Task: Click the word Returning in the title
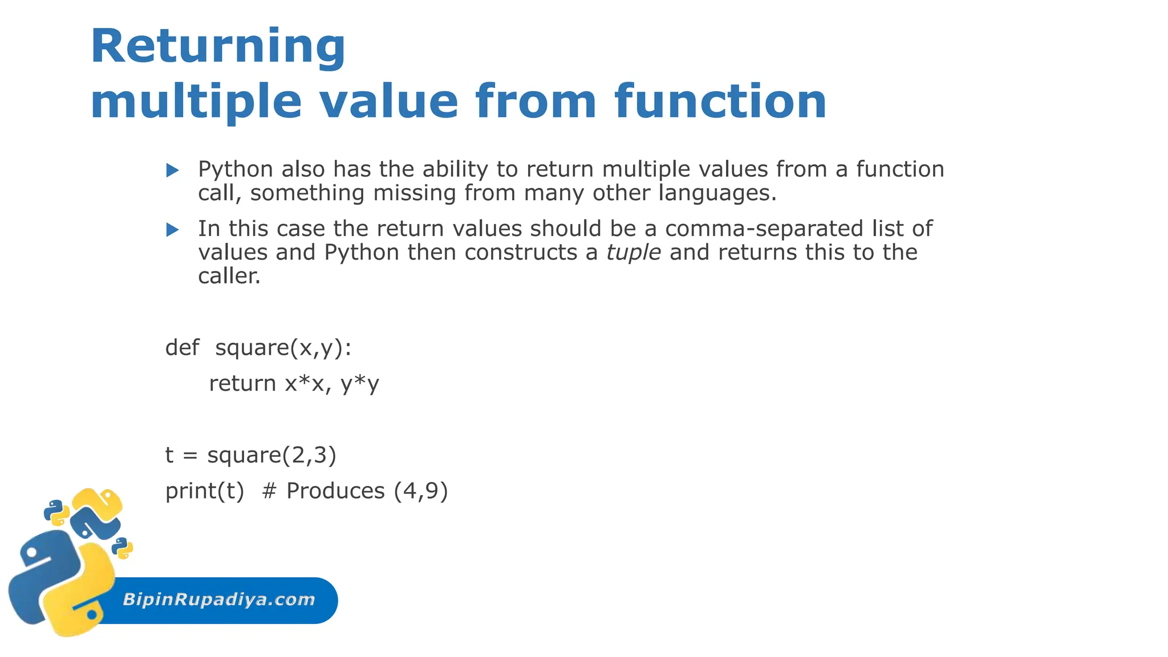pos(218,47)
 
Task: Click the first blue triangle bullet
pos(172,170)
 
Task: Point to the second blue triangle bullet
pos(172,230)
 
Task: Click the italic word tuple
pos(633,252)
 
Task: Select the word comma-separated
pos(764,229)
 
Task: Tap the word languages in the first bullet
pos(717,193)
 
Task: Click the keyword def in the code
pos(182,347)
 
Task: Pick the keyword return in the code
pos(242,383)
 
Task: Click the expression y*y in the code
pos(360,383)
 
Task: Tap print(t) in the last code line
pos(205,490)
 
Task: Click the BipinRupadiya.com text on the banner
pos(219,599)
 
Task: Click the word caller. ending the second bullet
pos(229,276)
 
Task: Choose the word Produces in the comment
pos(335,490)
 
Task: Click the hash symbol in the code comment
pos(269,490)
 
